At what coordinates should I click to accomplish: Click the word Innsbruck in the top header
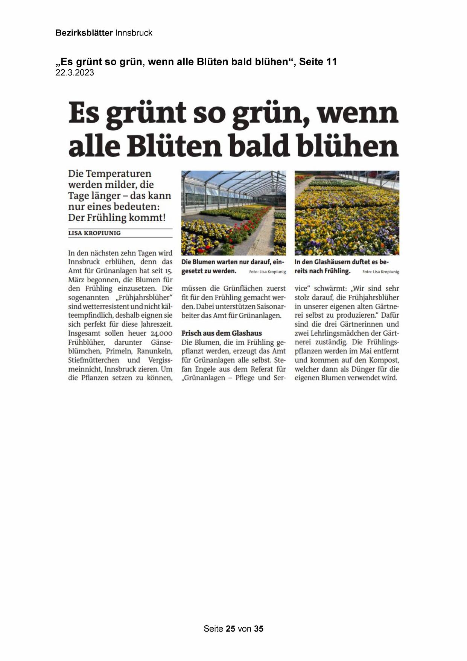coord(134,33)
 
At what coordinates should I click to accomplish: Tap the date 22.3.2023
coord(75,73)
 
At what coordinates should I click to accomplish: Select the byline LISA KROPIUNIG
coord(94,233)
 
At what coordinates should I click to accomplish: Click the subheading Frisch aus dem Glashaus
coord(221,333)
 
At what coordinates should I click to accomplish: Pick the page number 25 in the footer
coord(230,629)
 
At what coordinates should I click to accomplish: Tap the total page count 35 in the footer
coord(259,629)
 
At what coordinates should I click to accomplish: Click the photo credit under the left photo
coord(267,272)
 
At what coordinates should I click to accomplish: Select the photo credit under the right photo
coord(380,272)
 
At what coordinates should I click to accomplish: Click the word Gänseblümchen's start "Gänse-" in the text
coord(161,342)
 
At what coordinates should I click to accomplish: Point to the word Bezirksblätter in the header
coord(84,33)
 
